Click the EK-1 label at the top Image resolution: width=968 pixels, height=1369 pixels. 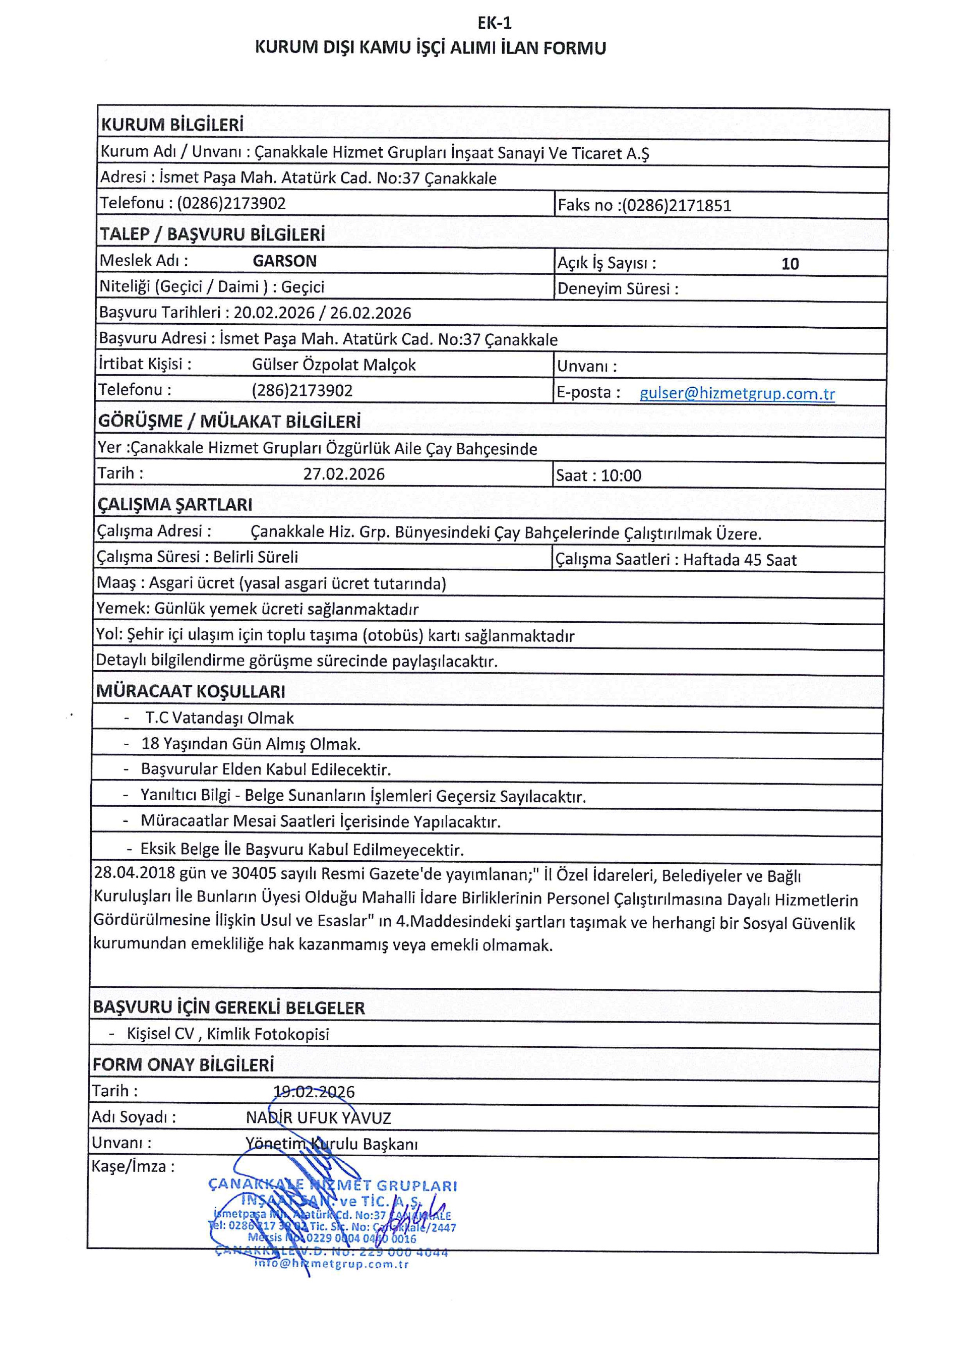tap(494, 23)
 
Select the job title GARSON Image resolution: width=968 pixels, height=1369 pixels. tap(284, 261)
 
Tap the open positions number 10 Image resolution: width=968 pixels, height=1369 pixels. tap(790, 264)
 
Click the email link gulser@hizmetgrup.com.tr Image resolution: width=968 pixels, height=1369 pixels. tap(737, 393)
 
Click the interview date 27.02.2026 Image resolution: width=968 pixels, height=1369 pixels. tap(344, 474)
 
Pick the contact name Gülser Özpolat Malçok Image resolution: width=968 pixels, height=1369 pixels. tap(334, 365)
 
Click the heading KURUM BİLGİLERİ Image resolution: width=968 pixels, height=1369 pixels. tap(172, 125)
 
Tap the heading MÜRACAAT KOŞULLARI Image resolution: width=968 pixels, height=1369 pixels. tap(191, 692)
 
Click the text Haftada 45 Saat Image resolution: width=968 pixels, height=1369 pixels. tap(740, 560)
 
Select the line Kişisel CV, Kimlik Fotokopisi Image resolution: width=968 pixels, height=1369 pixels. tap(228, 1034)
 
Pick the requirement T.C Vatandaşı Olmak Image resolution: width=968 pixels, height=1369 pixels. tap(219, 718)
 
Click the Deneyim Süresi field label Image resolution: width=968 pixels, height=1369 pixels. tap(618, 289)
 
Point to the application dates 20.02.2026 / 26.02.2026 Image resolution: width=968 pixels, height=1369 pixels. tap(322, 313)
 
